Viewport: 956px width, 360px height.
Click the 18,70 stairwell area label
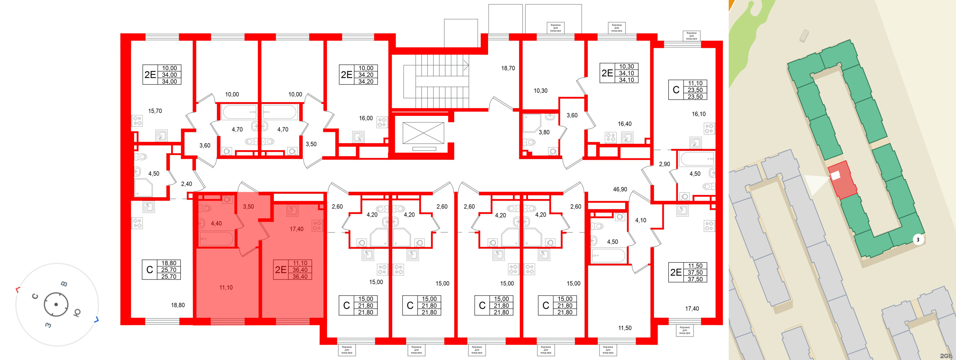tap(508, 68)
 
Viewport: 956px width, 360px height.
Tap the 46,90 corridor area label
tap(620, 189)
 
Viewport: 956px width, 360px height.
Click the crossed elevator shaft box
tap(423, 133)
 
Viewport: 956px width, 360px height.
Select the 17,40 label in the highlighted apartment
tap(297, 229)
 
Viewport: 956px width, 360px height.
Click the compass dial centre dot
tap(56, 304)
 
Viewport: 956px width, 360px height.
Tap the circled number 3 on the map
tap(918, 240)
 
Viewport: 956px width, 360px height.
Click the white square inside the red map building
tap(836, 175)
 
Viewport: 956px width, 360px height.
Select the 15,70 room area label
tap(155, 111)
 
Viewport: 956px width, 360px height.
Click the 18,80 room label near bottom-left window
tap(178, 305)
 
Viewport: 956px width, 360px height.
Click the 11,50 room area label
tap(625, 328)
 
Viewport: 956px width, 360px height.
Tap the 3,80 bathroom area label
tap(544, 132)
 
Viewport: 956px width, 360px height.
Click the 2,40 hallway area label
tap(187, 184)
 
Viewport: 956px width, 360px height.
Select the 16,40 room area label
tap(624, 124)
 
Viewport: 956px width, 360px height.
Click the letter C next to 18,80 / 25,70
tap(150, 270)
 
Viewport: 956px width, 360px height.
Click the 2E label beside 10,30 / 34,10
tap(607, 73)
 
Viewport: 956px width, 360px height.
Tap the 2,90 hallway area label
tap(664, 164)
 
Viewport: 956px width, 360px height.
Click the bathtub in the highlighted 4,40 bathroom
tap(216, 239)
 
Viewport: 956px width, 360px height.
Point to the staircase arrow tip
tap(468, 65)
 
